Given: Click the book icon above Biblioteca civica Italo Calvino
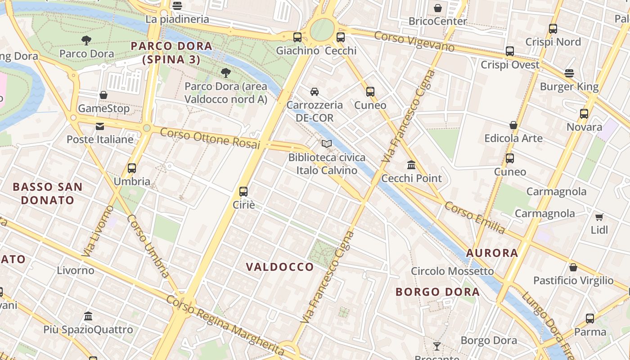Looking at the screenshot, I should (327, 144).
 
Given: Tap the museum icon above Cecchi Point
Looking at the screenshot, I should (411, 165).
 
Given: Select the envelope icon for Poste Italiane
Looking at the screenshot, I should (100, 126).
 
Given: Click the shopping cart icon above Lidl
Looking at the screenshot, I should (599, 217).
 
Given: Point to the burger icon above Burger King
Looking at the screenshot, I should (569, 73).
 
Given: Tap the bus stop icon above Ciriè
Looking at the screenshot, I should (243, 191).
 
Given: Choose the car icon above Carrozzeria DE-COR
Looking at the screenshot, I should (315, 91).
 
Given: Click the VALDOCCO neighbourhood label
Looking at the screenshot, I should (280, 267).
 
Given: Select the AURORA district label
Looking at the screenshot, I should (492, 253).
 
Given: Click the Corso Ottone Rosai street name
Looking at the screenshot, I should (210, 138).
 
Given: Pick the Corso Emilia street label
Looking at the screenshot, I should (475, 217).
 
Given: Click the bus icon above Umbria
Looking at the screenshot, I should (132, 168).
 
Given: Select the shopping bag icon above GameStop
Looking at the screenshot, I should (103, 95).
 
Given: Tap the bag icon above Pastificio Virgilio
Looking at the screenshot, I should (573, 267).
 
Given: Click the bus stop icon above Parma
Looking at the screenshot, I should (590, 319).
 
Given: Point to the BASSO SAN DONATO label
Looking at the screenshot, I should (48, 193).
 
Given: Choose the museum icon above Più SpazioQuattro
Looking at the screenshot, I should (88, 316).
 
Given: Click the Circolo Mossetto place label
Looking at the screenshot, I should (452, 271).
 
